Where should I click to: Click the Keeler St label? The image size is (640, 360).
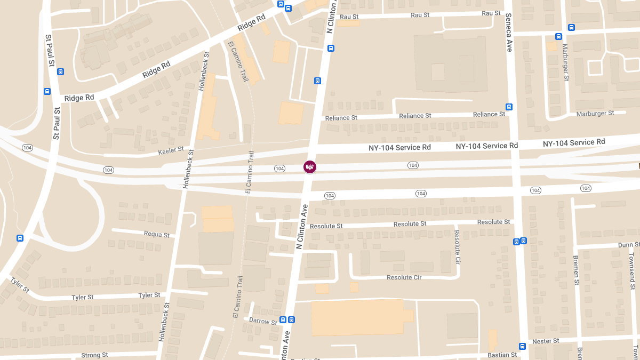[171, 150]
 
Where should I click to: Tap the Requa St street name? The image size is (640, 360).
[157, 234]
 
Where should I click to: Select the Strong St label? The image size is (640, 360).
[94, 355]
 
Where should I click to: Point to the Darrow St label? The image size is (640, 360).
[263, 322]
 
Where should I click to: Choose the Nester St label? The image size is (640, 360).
[546, 341]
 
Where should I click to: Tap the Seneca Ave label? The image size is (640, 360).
[509, 33]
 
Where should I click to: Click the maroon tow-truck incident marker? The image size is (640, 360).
[310, 167]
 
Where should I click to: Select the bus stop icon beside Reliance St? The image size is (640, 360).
[509, 107]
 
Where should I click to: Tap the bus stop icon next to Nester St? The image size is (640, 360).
[523, 346]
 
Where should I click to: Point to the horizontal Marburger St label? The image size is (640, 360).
[595, 114]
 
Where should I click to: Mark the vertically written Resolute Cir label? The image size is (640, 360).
[457, 246]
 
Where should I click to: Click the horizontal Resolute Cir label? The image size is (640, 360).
[404, 277]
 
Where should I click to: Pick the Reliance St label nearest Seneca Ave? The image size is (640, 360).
[489, 115]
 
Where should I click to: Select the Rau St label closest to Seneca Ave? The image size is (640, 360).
[491, 13]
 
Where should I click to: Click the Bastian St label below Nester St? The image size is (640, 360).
[502, 355]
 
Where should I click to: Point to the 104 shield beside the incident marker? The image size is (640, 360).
[279, 169]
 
